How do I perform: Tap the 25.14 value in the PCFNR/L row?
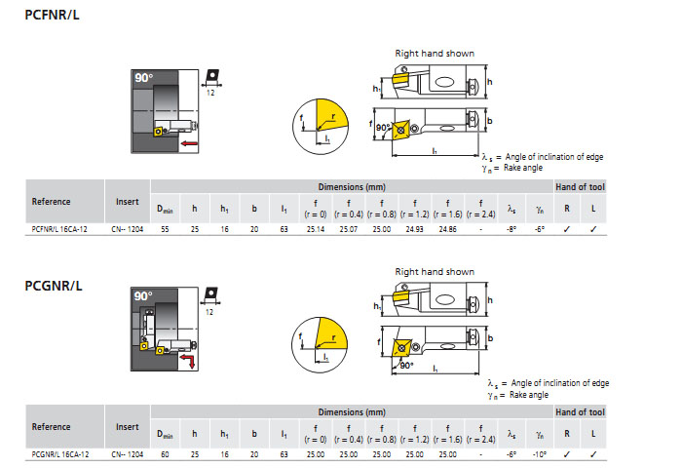pos(316,229)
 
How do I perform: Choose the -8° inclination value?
pos(511,229)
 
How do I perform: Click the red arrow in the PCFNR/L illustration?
pos(191,143)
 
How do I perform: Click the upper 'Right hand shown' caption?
pos(434,53)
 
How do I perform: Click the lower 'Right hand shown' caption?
pos(434,272)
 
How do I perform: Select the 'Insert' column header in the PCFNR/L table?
pos(127,202)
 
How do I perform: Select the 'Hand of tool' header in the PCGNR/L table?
pos(579,412)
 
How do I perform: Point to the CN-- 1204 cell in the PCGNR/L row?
pos(128,453)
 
